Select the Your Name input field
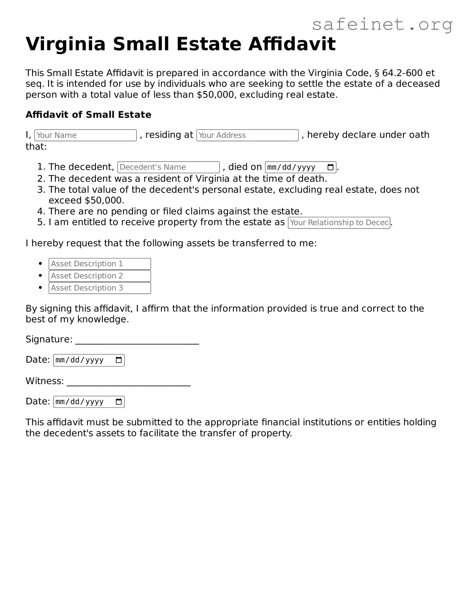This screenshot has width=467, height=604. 85,135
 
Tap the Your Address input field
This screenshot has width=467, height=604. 247,135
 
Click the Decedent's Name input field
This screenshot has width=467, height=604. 168,167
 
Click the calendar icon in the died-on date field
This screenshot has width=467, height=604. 330,167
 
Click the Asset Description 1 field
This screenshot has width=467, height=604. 99,264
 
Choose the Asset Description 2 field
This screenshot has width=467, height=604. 99,276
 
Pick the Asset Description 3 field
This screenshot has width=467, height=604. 99,288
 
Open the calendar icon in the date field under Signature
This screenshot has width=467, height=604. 119,360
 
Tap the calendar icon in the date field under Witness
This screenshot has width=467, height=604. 119,402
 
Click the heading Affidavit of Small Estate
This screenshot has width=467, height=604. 88,115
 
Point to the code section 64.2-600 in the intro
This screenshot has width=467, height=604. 402,73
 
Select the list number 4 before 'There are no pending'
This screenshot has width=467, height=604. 40,211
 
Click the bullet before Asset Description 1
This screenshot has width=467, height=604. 41,264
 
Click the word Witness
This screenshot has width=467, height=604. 44,381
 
